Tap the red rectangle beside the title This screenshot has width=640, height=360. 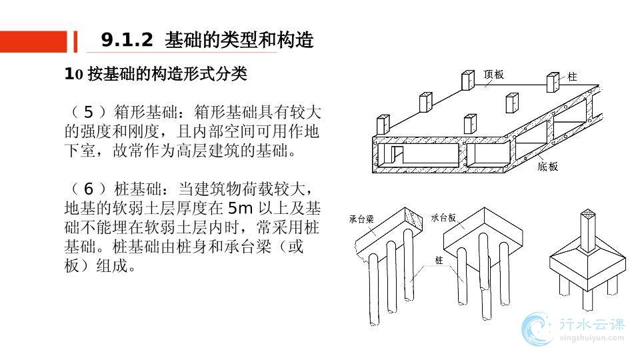[x=33, y=41]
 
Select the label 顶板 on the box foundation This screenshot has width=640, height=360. [x=494, y=75]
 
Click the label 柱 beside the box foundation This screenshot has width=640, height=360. [x=572, y=77]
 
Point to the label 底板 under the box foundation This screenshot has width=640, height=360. [x=547, y=167]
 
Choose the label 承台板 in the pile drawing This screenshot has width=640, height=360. [x=443, y=217]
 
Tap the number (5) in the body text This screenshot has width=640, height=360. [x=87, y=112]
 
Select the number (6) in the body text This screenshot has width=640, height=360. [x=87, y=189]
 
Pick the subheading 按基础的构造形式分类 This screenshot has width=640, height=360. [x=164, y=74]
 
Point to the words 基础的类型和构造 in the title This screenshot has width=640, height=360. [x=239, y=41]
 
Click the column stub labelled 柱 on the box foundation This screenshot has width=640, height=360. [x=553, y=83]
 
